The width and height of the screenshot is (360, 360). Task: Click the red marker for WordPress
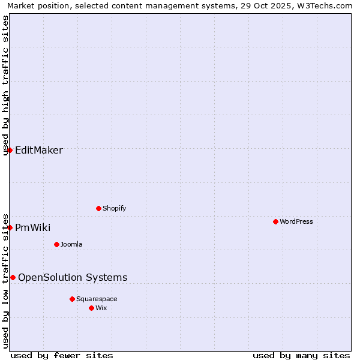point(275,221)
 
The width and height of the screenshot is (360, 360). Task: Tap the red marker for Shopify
point(98,208)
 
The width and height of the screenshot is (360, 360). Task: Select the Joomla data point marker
point(56,244)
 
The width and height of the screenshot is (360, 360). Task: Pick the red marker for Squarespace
point(72,299)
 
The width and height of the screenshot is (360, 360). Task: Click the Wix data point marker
point(91,308)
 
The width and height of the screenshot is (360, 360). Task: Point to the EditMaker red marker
point(10,150)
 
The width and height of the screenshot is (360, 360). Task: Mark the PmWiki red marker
point(10,227)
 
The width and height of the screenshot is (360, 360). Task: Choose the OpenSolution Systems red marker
point(13,277)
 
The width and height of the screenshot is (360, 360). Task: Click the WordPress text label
point(296,221)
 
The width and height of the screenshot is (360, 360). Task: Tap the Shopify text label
point(114,208)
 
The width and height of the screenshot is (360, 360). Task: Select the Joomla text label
point(71,244)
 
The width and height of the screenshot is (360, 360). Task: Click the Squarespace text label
point(97,299)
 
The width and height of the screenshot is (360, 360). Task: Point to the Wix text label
point(101,308)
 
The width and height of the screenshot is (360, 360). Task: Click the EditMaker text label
point(38,150)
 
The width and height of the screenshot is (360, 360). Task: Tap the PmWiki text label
point(32,227)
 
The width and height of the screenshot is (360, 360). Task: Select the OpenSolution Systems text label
point(73,277)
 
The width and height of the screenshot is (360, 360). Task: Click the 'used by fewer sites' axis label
point(62,355)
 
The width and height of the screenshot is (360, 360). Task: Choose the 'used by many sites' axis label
point(301,355)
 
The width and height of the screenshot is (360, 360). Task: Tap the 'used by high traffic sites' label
point(6,85)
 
